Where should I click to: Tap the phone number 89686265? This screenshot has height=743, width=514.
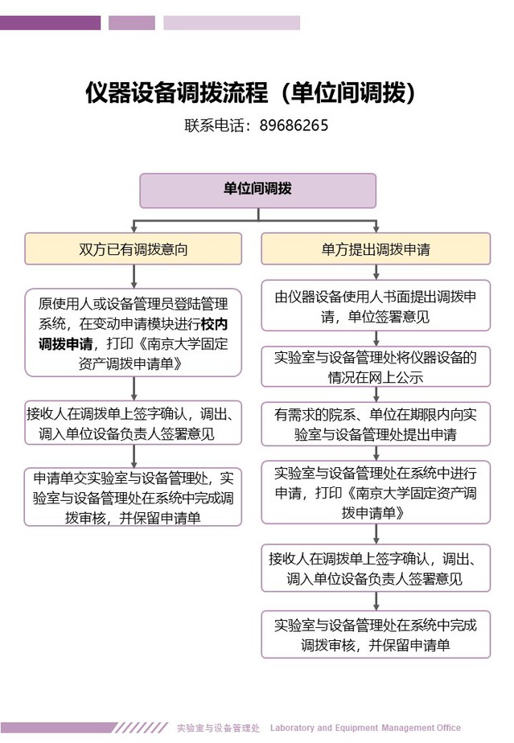click(x=294, y=126)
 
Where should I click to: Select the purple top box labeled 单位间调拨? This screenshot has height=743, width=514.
click(x=257, y=190)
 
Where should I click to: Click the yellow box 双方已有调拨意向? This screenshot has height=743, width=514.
click(x=134, y=248)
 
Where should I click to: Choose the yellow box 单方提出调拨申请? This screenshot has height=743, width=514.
click(x=376, y=248)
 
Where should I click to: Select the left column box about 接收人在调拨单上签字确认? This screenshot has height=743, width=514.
click(x=134, y=423)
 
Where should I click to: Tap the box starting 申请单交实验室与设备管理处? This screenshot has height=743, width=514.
click(x=134, y=497)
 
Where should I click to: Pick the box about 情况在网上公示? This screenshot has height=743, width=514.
click(x=376, y=367)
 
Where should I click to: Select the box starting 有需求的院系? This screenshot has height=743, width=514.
click(x=376, y=423)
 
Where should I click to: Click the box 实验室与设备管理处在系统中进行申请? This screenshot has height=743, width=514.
click(x=376, y=492)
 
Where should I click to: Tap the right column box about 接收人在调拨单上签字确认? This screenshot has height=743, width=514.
click(x=376, y=568)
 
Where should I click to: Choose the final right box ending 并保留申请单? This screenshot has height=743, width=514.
click(x=376, y=634)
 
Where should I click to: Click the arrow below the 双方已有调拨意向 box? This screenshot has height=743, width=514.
click(x=134, y=277)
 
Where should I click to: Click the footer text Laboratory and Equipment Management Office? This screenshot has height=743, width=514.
click(x=365, y=728)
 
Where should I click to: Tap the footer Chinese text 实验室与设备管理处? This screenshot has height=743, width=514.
click(x=218, y=728)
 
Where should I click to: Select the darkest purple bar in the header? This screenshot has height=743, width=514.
click(x=50, y=23)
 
